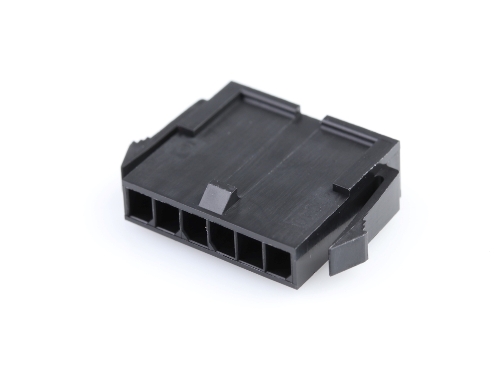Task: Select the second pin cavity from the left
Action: (x=168, y=217)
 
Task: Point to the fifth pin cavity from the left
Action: (x=251, y=251)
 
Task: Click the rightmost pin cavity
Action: (x=279, y=263)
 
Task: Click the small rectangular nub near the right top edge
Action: (x=341, y=189)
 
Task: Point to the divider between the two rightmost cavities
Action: (x=264, y=257)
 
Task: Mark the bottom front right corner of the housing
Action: (x=293, y=286)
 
